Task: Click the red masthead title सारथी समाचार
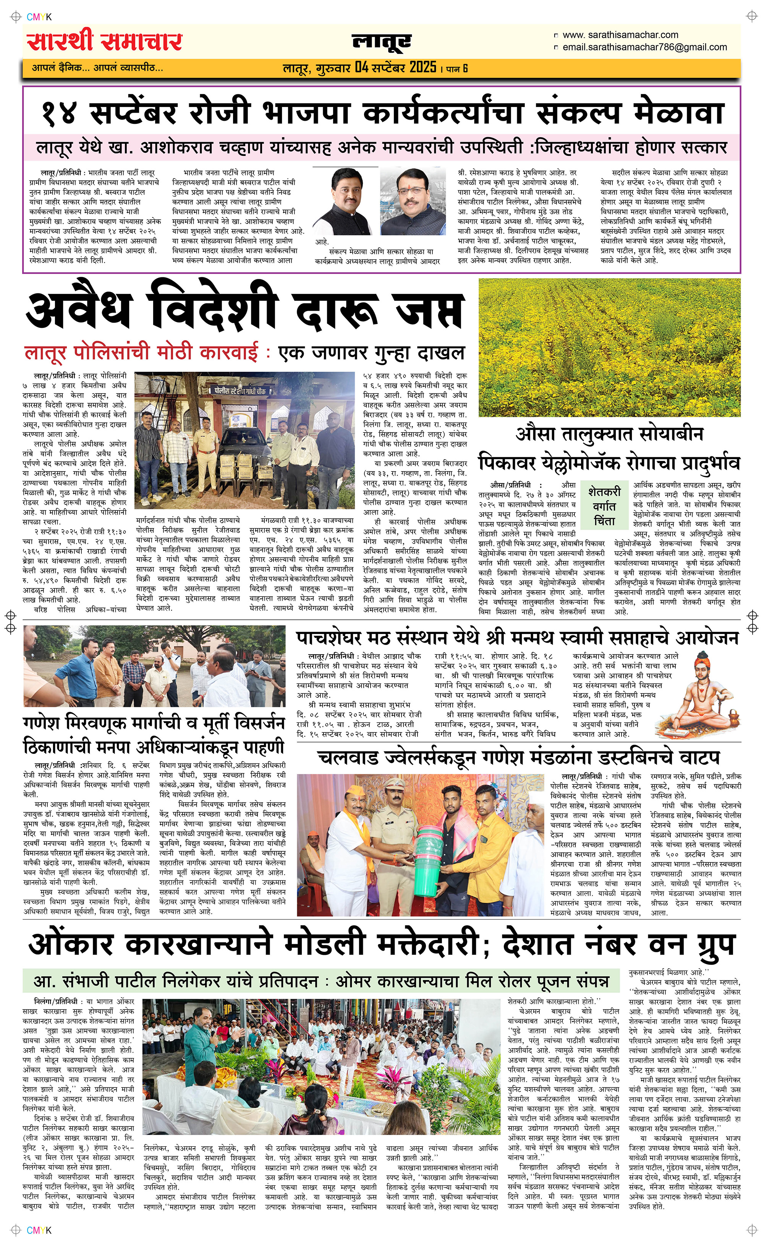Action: (105, 41)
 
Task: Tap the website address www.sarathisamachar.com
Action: (620, 35)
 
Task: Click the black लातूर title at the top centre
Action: (382, 42)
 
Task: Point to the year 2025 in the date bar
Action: (423, 67)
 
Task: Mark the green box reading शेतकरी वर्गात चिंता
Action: (604, 506)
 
